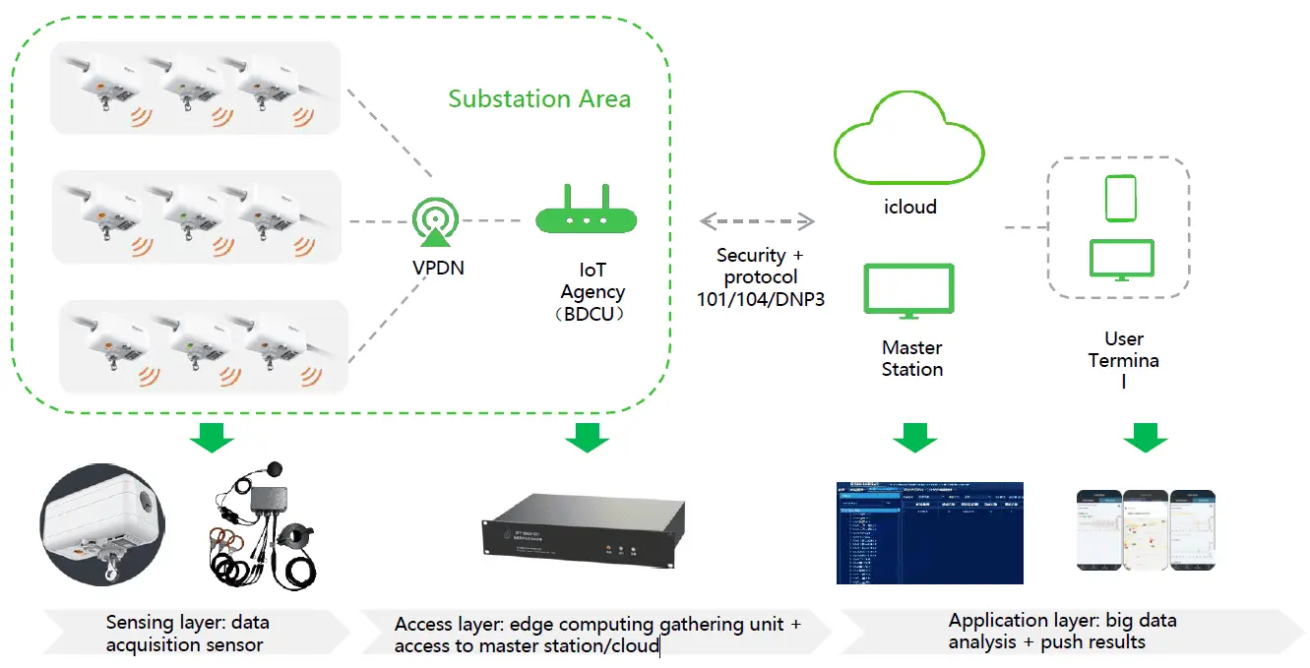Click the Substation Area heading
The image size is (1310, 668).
click(x=539, y=99)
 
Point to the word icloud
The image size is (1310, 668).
click(x=908, y=208)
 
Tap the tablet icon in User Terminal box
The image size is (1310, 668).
click(x=1120, y=199)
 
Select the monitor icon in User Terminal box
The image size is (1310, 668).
click(x=1121, y=260)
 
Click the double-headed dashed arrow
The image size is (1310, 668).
click(x=757, y=218)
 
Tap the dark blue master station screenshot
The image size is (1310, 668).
click(x=929, y=532)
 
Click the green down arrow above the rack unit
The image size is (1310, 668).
click(x=588, y=437)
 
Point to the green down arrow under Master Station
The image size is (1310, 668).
click(x=915, y=437)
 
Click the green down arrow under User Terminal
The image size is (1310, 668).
click(x=1146, y=437)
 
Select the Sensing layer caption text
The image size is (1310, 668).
click(x=187, y=633)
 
